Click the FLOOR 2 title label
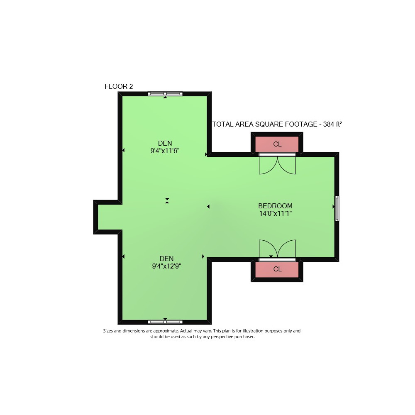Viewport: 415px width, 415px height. click(x=119, y=87)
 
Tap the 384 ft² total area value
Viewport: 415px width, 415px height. click(x=332, y=124)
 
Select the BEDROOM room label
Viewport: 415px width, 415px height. click(x=275, y=206)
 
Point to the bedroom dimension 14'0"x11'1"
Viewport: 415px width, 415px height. click(x=275, y=213)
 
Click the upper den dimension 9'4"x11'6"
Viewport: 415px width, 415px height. click(x=165, y=151)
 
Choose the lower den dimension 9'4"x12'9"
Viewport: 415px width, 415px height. click(x=166, y=266)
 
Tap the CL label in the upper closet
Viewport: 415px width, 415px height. click(x=277, y=144)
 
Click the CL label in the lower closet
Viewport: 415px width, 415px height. click(x=277, y=269)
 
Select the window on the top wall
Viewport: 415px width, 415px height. click(x=165, y=94)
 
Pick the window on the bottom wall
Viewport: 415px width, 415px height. click(x=165, y=322)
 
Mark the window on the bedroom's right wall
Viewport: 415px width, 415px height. click(x=337, y=209)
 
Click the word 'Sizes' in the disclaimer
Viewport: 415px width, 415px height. click(x=108, y=331)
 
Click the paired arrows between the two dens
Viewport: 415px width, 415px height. click(x=167, y=200)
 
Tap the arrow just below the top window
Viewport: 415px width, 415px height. click(x=165, y=97)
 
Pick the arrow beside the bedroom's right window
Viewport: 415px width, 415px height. click(x=334, y=206)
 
